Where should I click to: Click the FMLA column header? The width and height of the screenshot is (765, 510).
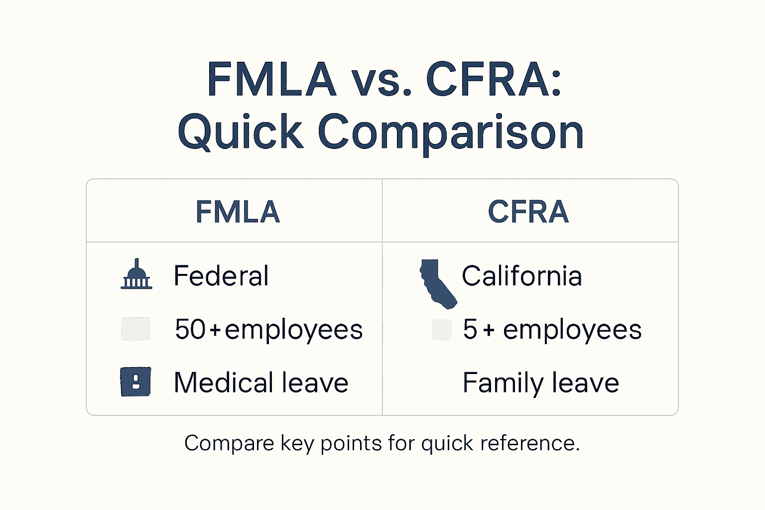[x=238, y=212]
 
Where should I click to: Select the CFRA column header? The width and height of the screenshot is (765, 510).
[x=528, y=212]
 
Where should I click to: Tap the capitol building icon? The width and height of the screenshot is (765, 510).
[x=136, y=275]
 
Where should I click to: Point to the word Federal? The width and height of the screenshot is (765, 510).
[x=221, y=276]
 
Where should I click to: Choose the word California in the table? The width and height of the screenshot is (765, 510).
[x=521, y=276]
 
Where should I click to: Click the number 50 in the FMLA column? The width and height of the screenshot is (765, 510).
[x=190, y=329]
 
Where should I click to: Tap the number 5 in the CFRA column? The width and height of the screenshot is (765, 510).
[x=470, y=329]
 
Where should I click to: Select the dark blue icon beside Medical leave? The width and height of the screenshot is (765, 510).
[x=135, y=382]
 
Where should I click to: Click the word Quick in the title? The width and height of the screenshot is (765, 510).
[x=240, y=132]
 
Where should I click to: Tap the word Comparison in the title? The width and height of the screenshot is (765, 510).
[x=450, y=132]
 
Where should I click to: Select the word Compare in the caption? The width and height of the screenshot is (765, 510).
[x=229, y=443]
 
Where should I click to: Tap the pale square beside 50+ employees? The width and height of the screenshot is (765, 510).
[x=136, y=329]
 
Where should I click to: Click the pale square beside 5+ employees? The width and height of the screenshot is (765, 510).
[x=442, y=329]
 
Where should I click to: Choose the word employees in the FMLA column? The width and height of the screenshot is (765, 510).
[x=293, y=330]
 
